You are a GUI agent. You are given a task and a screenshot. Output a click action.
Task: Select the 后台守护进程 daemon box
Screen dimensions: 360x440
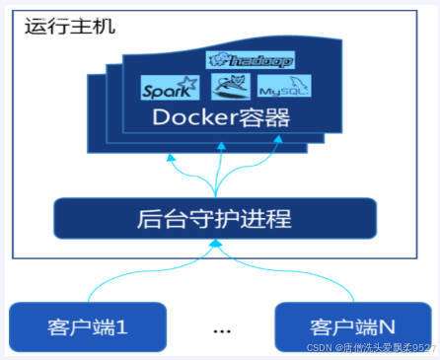(x=215, y=217)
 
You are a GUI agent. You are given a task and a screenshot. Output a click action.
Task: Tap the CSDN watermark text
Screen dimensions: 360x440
(x=371, y=348)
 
